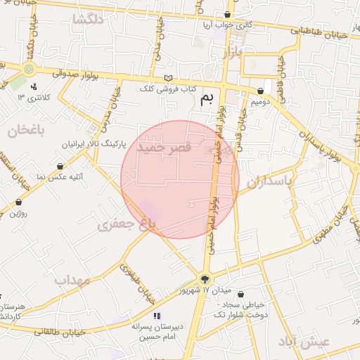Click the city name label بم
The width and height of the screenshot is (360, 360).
click(206, 99)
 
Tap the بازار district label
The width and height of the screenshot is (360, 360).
click(231, 53)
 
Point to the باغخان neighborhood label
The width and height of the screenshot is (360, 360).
click(26, 130)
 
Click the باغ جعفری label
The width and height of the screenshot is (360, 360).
click(126, 224)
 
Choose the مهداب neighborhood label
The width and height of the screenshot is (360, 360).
click(73, 280)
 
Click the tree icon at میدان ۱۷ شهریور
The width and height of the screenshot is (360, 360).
click(205, 279)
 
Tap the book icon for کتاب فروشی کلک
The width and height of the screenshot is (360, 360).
click(167, 78)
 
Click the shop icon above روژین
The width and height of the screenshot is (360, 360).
click(18, 202)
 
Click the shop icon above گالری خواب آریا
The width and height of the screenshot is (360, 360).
click(227, 14)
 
